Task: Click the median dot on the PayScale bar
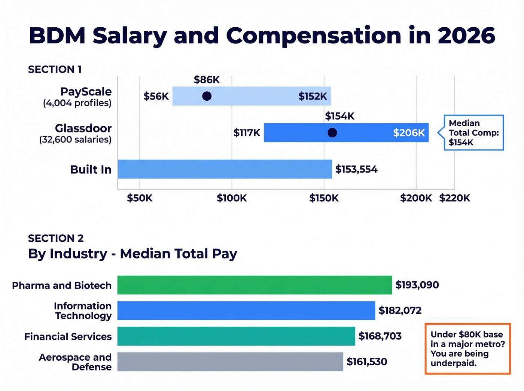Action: (207, 96)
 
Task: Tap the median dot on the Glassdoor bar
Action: (332, 132)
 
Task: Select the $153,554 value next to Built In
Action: (356, 169)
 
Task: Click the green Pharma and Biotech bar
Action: (255, 285)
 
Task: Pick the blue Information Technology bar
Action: (246, 311)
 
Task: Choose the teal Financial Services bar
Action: (236, 336)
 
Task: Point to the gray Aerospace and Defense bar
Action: (230, 361)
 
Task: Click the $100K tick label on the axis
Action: (232, 198)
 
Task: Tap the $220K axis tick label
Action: (454, 198)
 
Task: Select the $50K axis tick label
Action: (140, 198)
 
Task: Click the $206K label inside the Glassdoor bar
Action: (409, 133)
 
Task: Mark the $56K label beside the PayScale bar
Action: (156, 97)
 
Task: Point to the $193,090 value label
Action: (417, 285)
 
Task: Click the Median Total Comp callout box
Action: (473, 133)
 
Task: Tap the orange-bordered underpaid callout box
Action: (467, 349)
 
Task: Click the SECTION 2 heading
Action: (56, 238)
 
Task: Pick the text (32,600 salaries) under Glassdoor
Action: (75, 140)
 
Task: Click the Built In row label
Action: (91, 169)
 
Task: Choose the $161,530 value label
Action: (367, 362)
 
